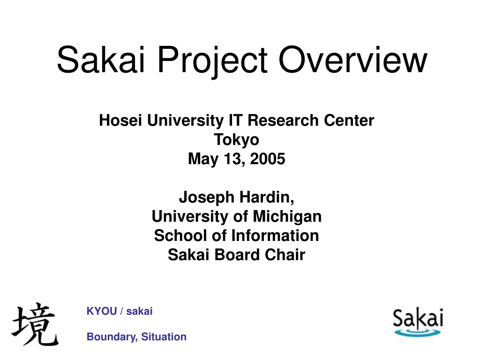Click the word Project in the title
pyautogui.click(x=212, y=60)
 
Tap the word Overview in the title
pyautogui.click(x=352, y=60)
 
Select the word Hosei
pyautogui.click(x=120, y=120)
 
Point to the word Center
pyautogui.click(x=349, y=120)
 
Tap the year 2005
pyautogui.click(x=268, y=159)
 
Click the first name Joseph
pyautogui.click(x=207, y=198)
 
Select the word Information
pyautogui.click(x=275, y=236)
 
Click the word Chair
pyautogui.click(x=285, y=255)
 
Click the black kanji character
pyautogui.click(x=35, y=324)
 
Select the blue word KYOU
pyautogui.click(x=102, y=311)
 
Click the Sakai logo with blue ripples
pyautogui.click(x=418, y=322)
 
